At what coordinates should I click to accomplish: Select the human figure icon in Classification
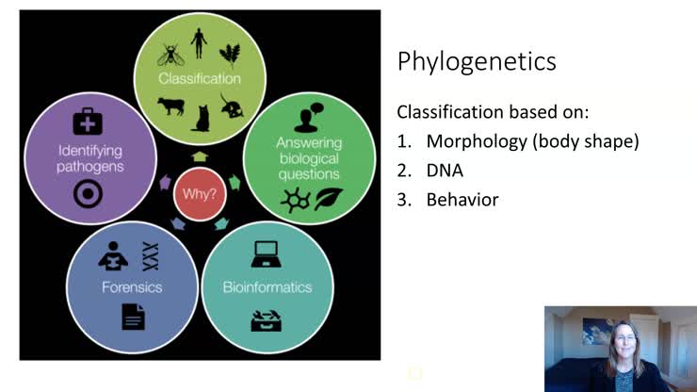point(198,42)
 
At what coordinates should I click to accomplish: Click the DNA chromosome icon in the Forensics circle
point(149,253)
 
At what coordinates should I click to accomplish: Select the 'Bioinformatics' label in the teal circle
point(267,286)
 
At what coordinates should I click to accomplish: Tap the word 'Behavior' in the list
point(462,200)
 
